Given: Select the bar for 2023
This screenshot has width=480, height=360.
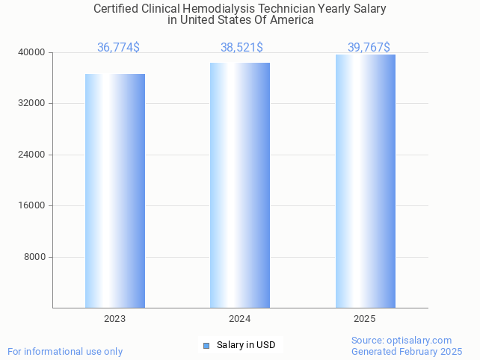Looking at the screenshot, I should point(115,190).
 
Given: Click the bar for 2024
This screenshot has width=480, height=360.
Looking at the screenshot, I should point(240,185).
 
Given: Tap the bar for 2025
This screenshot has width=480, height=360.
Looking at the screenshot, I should point(365,181).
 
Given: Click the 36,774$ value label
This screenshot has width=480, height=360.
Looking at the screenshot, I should point(118,47).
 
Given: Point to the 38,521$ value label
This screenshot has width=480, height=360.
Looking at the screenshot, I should point(241,47).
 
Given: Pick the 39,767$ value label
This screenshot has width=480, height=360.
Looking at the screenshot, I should point(369,47).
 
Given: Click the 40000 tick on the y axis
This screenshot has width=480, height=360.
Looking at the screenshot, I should point(32,52).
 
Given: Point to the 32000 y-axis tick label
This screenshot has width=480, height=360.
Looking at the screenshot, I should point(32,103).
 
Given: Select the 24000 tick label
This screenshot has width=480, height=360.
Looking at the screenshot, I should point(32,155).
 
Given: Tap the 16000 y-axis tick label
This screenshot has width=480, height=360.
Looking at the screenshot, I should point(32,205).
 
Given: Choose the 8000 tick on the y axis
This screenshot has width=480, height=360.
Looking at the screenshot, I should point(34,257).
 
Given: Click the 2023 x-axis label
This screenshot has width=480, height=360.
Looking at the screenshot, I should point(115,319).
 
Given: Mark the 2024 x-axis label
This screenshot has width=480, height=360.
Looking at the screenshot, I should point(240,319).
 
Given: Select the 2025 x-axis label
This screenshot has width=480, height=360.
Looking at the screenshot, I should point(365,319).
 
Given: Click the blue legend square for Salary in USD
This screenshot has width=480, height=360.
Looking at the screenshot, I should point(207,345).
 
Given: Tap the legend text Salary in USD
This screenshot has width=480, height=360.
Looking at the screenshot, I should point(246,345).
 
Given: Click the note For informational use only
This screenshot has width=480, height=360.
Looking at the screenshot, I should point(65,351).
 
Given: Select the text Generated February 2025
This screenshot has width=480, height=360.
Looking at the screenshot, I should point(407,351).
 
